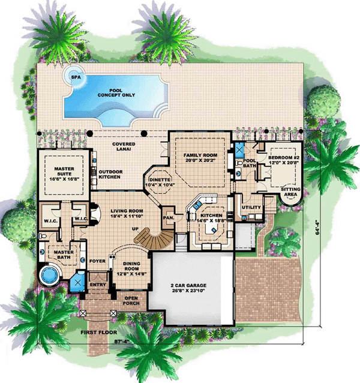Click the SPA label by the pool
point(76,77)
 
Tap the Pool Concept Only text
point(116,93)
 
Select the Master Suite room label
point(64,171)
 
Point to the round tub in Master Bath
point(50,274)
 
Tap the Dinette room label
point(160,179)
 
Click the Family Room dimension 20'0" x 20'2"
point(200,160)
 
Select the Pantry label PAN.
point(169,217)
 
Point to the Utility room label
point(251,207)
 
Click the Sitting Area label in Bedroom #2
point(290,191)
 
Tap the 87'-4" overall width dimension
point(122,342)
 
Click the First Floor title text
point(99,332)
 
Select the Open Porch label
point(131,301)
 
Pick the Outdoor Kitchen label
point(110,174)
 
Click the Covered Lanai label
point(124,146)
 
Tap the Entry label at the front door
point(98,285)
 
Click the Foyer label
point(97,261)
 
